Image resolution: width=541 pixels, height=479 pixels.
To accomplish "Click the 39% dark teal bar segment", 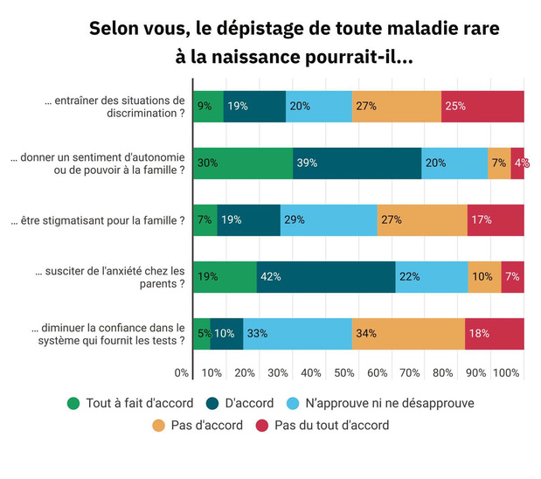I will pyautogui.click(x=357, y=163).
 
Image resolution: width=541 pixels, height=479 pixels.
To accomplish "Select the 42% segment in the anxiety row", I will pyautogui.click(x=326, y=277).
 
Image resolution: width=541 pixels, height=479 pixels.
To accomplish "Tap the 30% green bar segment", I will pyautogui.click(x=242, y=163).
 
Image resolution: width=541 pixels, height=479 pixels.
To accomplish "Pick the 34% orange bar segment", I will pyautogui.click(x=408, y=334).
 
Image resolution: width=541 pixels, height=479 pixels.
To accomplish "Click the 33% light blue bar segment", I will pyautogui.click(x=297, y=334).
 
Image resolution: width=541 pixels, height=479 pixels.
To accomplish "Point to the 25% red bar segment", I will pyautogui.click(x=482, y=107).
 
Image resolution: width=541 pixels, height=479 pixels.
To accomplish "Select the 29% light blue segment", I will pyautogui.click(x=329, y=220).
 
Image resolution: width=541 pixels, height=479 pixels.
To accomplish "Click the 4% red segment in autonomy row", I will pyautogui.click(x=517, y=163).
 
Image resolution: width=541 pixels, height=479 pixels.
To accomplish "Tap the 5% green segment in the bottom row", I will pyautogui.click(x=201, y=334).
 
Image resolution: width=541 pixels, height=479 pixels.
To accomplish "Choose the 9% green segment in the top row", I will pyautogui.click(x=207, y=107).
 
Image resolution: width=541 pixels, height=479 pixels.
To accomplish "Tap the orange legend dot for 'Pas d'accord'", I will pyautogui.click(x=158, y=426).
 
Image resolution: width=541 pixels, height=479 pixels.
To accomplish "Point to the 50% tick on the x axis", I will pyautogui.click(x=343, y=373).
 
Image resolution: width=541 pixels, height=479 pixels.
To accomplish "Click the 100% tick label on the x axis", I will pyautogui.click(x=506, y=373).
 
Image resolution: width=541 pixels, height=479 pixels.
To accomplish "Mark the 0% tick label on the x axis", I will pyautogui.click(x=182, y=373).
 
